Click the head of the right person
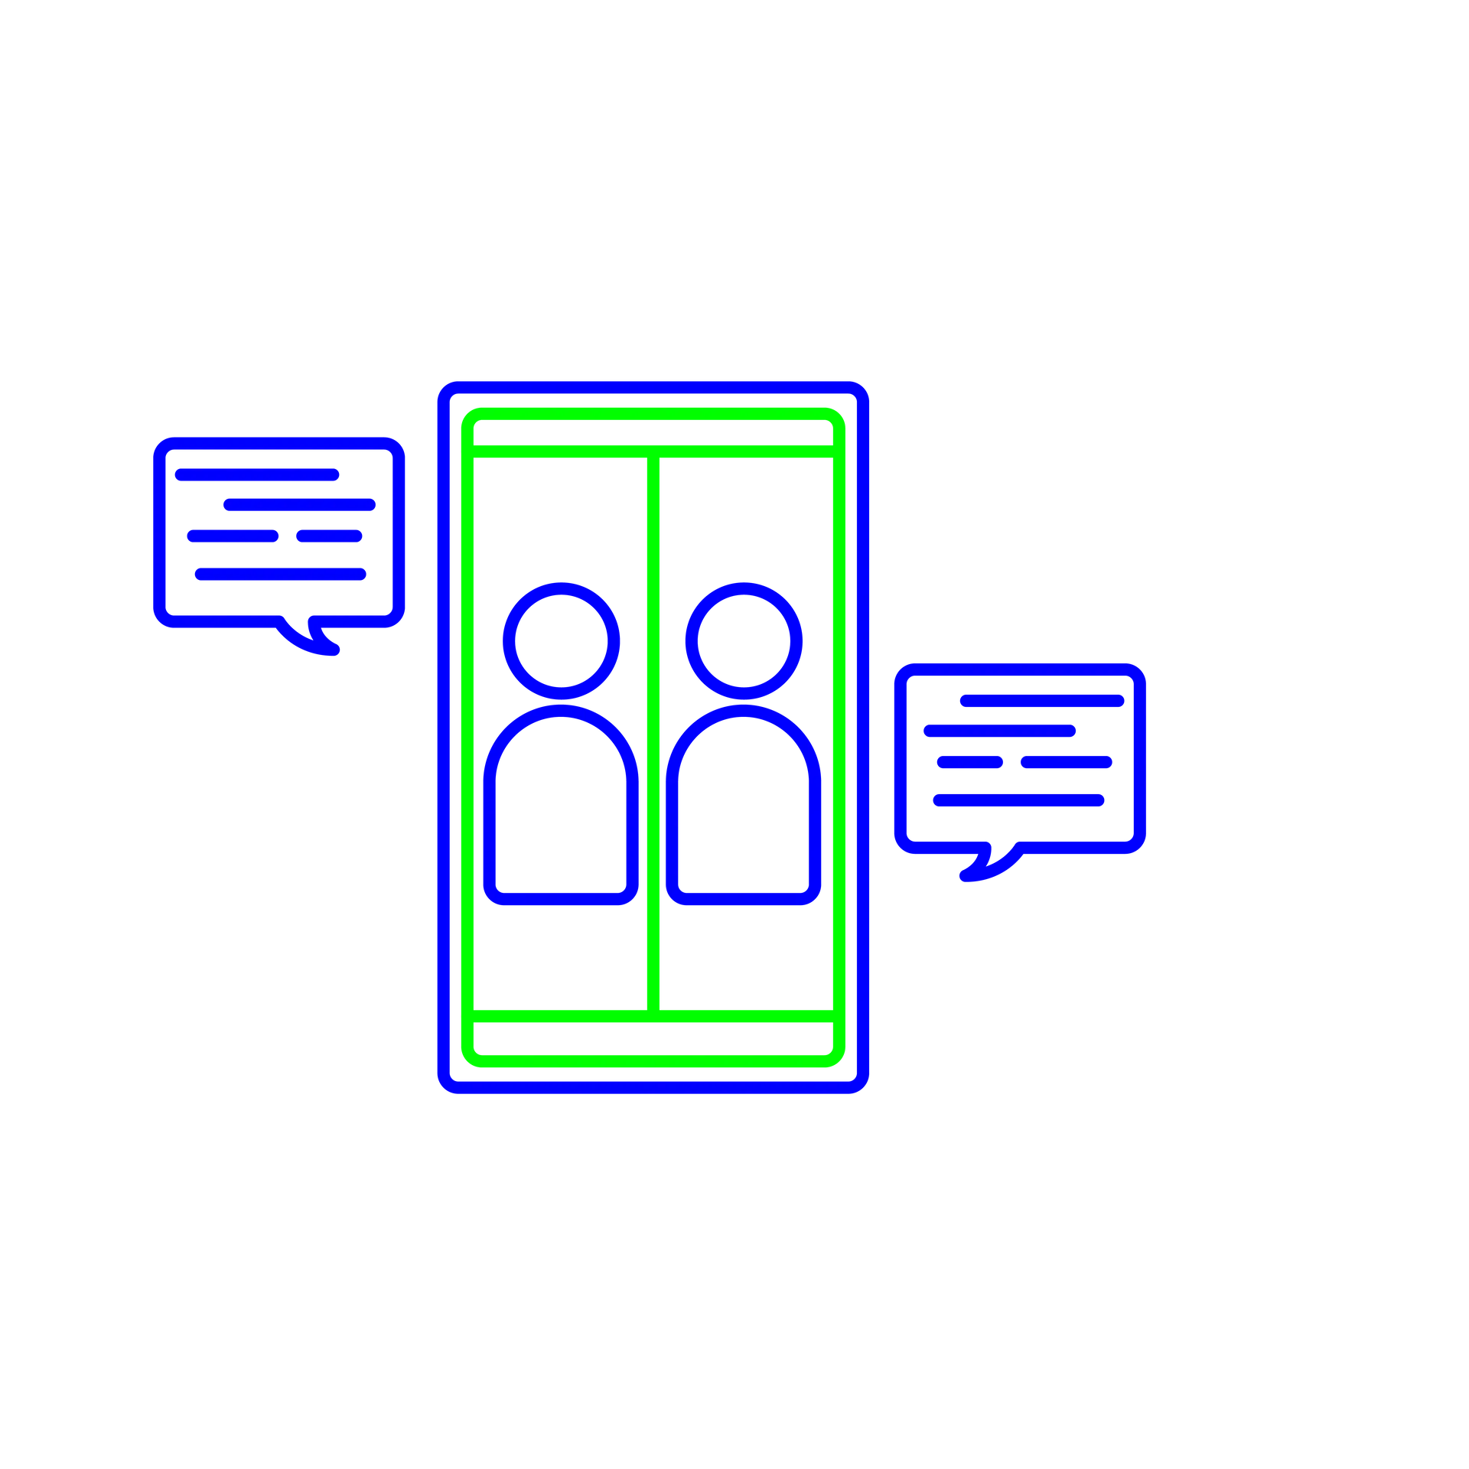tap(744, 641)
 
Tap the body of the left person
tap(561, 811)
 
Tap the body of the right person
tap(744, 811)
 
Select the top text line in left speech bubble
tap(257, 474)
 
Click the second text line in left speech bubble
tap(300, 505)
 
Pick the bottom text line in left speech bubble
tap(281, 574)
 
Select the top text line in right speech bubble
tap(1041, 700)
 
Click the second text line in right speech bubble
tap(998, 731)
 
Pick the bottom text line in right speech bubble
tap(1019, 800)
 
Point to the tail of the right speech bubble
tap(987, 868)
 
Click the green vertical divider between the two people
tap(653, 734)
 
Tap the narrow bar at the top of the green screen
tap(653, 433)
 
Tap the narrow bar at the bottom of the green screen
tap(653, 1041)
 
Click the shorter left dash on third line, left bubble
tap(233, 536)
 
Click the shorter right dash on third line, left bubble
tap(330, 536)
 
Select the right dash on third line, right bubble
tap(1066, 762)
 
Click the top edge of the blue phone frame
tap(653, 390)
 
